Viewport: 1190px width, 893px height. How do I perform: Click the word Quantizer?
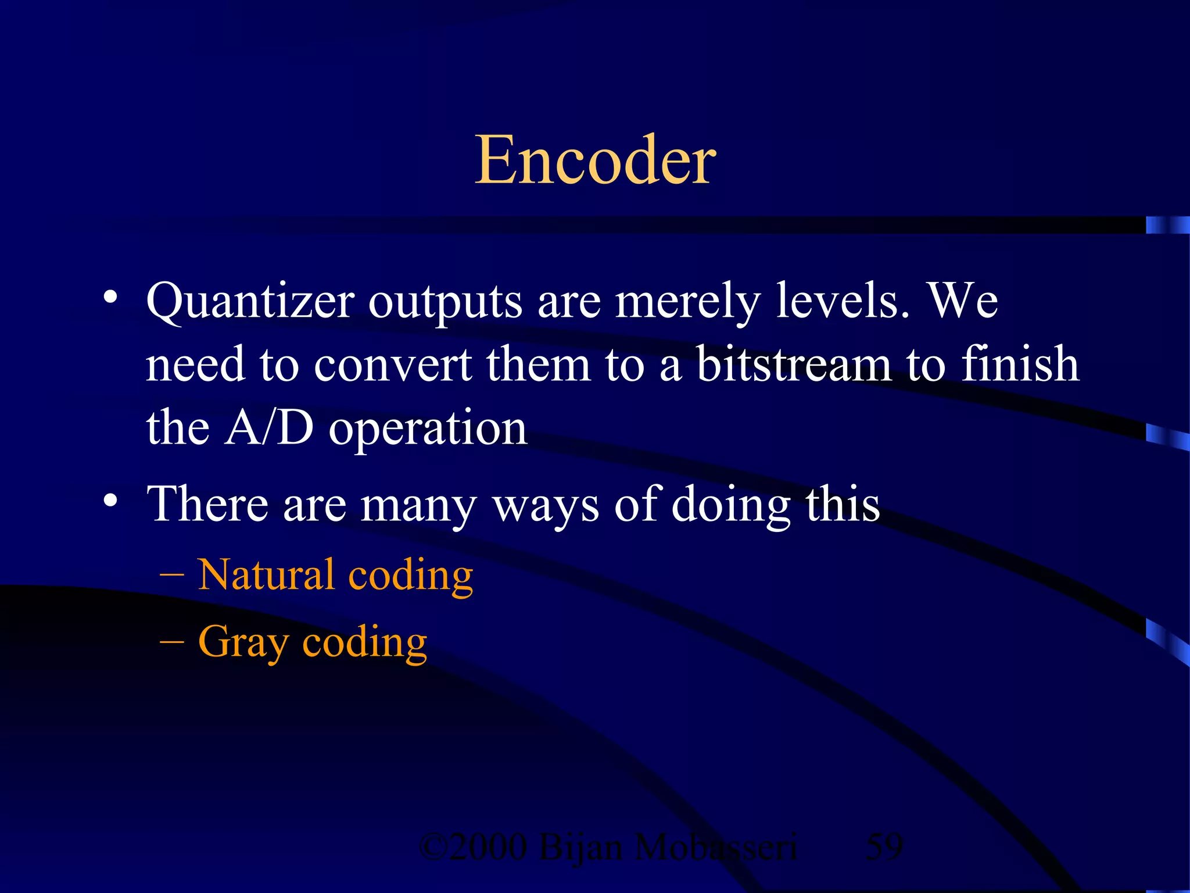click(x=250, y=302)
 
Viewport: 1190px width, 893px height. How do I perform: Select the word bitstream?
click(x=793, y=365)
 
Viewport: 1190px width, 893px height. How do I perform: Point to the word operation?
click(x=428, y=430)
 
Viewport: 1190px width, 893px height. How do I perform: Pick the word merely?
click(x=687, y=302)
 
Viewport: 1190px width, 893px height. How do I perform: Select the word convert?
click(x=393, y=365)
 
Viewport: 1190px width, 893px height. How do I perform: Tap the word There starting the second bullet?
click(x=207, y=503)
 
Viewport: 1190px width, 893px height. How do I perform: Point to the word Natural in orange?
click(x=267, y=574)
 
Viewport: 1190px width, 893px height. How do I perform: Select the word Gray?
click(x=243, y=643)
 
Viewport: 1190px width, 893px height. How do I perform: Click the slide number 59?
click(x=884, y=847)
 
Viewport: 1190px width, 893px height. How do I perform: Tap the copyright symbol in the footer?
click(x=433, y=847)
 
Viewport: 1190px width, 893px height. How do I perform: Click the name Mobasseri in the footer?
click(x=715, y=847)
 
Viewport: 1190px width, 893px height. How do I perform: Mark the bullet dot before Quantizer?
click(x=110, y=298)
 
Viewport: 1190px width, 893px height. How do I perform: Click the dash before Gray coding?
click(x=171, y=642)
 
